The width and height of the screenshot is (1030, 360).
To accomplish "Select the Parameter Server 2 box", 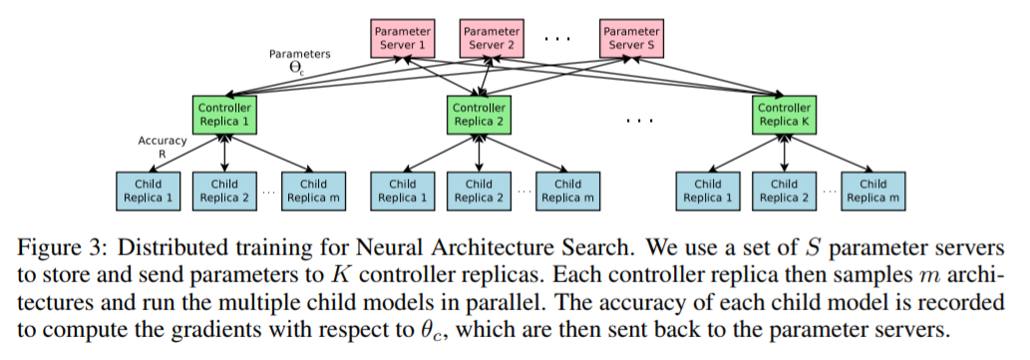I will click(492, 39).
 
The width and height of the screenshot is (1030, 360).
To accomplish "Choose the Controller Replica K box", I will click(785, 115).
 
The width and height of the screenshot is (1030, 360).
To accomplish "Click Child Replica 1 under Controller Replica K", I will click(708, 190).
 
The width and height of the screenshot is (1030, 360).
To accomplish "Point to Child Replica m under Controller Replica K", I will click(872, 190).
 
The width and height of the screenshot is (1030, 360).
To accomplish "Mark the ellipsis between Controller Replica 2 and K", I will click(638, 119).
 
